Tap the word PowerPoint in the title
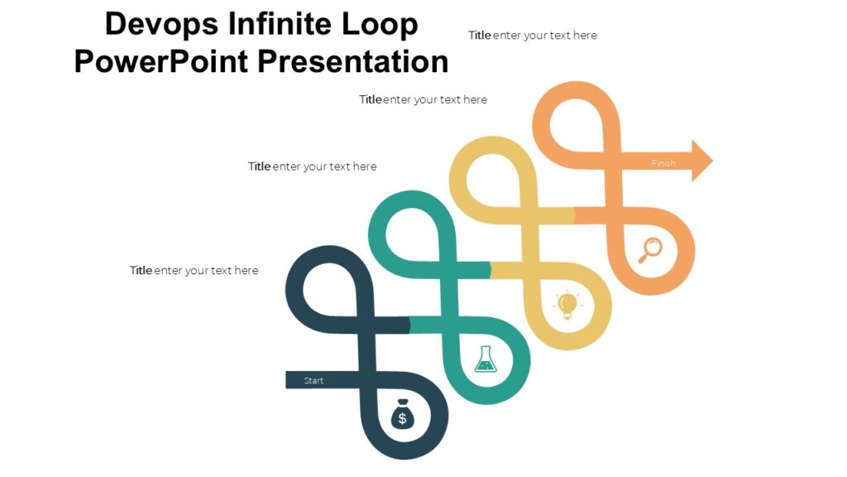(x=160, y=61)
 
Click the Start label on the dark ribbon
(x=313, y=381)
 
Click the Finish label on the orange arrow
(x=663, y=163)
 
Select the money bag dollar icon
(x=403, y=416)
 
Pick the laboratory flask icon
(x=485, y=359)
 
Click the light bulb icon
(x=567, y=305)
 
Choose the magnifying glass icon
(x=651, y=249)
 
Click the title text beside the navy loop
(x=194, y=271)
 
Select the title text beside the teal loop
(x=312, y=166)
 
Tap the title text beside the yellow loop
(x=423, y=99)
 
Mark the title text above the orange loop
(x=533, y=36)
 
